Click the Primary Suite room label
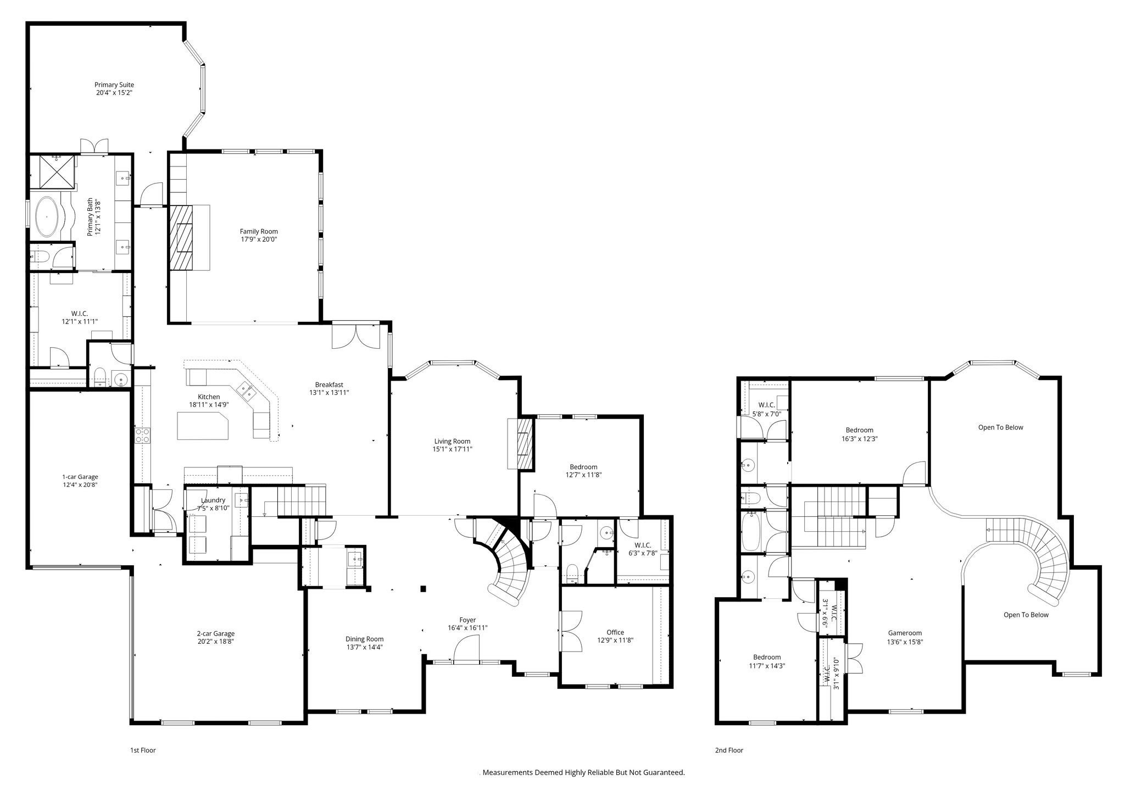114,85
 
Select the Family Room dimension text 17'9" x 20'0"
259,239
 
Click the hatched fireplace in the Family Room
181,237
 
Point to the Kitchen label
209,397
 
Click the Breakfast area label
329,385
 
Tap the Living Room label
452,441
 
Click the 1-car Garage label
80,477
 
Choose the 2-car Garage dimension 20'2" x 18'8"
216,641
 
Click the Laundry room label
213,500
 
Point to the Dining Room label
365,639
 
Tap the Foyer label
468,620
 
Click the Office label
615,632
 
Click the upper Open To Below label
1001,427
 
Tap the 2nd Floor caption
729,750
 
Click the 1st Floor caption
143,750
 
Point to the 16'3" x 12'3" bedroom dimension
860,439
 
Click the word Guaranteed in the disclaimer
665,772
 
